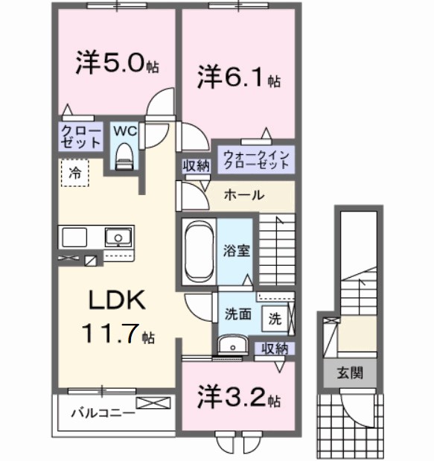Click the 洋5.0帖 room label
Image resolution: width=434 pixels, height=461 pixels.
tap(115, 63)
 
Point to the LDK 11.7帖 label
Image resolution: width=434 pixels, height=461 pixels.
tap(119, 317)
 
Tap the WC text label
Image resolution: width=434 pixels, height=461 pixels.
tap(124, 130)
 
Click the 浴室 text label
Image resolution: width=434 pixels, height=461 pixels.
tap(237, 250)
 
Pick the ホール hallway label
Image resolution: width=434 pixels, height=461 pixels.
tap(243, 195)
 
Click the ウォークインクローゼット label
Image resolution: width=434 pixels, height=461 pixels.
tap(255, 159)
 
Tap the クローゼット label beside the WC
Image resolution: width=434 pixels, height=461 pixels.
tap(80, 136)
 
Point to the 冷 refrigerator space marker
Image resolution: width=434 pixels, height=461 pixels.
tap(74, 173)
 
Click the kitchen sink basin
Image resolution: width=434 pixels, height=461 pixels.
tap(117, 238)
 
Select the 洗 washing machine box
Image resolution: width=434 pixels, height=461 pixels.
tap(275, 318)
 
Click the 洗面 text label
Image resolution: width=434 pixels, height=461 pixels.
tap(237, 314)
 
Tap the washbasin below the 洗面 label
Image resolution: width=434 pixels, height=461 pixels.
tap(233, 344)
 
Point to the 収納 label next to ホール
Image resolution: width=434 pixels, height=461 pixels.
tap(197, 165)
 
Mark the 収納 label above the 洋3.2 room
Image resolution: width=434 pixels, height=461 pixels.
tap(275, 348)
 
